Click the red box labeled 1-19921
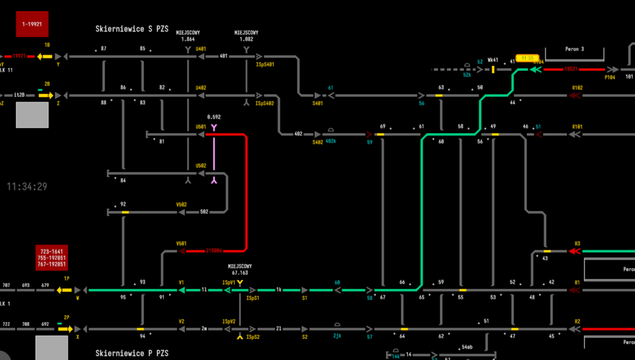point(32,24)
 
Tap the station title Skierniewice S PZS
point(133,29)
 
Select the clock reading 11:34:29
point(27,187)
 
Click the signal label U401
point(201,49)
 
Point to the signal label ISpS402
point(265,103)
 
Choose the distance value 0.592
point(214,117)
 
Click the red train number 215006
point(214,251)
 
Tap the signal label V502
point(181,204)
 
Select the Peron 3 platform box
point(574,50)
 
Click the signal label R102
point(577,88)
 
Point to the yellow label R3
point(577,243)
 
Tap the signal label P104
point(610,77)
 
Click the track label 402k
point(331,141)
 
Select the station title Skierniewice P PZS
point(133,352)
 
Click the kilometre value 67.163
point(240,272)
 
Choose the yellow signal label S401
point(317,103)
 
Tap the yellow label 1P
point(66,279)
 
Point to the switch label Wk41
point(493,62)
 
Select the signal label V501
point(181,243)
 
